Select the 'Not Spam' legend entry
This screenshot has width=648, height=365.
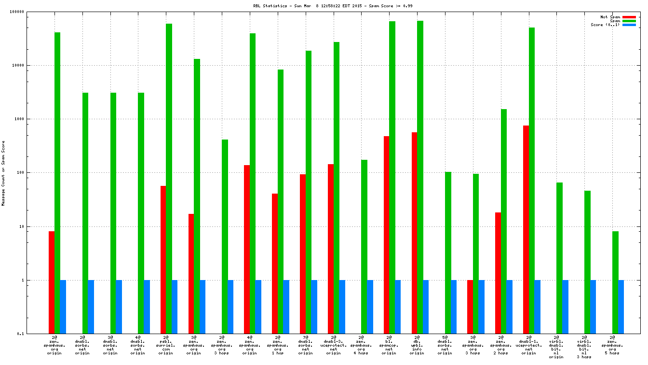click(610, 17)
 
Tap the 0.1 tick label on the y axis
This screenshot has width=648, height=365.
click(34, 334)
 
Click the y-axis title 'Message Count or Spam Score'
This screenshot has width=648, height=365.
click(3, 173)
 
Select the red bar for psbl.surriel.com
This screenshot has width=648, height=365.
click(163, 259)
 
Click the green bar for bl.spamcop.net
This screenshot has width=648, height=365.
click(392, 177)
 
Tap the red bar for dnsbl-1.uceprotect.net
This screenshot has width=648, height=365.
click(526, 229)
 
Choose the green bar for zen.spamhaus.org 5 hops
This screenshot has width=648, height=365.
click(615, 282)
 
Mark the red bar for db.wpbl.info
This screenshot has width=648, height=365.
click(414, 233)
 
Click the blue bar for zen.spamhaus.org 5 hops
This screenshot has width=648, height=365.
click(621, 307)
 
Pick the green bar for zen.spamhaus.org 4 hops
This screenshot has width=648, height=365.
click(364, 246)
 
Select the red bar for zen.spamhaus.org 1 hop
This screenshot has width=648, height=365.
click(275, 263)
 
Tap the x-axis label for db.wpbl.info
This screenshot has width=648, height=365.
click(417, 345)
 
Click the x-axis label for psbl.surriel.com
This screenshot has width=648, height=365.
click(165, 345)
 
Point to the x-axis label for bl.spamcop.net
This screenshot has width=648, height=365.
click(389, 345)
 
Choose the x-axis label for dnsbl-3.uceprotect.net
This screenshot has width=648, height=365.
click(333, 345)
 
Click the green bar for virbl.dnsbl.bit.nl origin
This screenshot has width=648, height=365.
click(559, 258)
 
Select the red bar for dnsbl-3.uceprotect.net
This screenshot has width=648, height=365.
click(331, 249)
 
